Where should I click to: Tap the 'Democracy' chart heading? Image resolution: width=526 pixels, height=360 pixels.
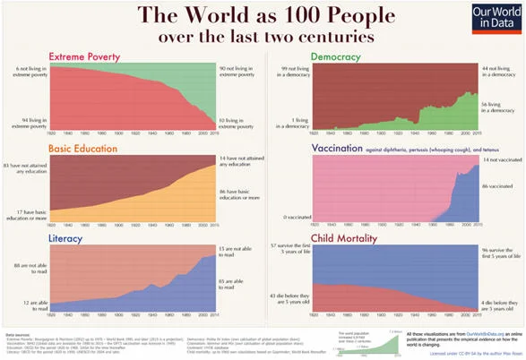336,56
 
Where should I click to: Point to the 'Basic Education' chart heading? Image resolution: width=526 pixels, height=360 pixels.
83,147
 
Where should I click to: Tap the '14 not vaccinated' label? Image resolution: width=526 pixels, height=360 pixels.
499,159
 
